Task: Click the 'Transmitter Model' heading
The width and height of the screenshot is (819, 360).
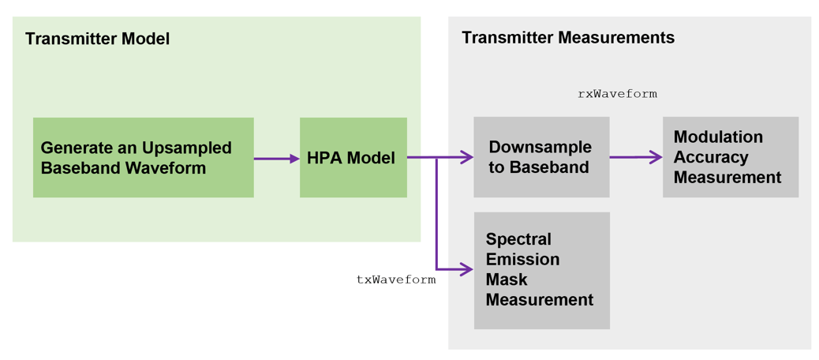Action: [x=97, y=39]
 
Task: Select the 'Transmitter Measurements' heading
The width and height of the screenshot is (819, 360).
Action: [x=567, y=38]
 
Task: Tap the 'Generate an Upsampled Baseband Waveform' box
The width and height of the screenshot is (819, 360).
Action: [x=143, y=158]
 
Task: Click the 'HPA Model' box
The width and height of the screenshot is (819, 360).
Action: [x=353, y=158]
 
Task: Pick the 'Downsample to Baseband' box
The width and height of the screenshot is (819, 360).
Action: [x=541, y=157]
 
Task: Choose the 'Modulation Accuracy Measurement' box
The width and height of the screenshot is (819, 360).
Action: [x=730, y=157]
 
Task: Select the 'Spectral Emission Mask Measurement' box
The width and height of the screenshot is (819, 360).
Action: [x=541, y=270]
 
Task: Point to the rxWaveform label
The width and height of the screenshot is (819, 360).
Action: [x=617, y=94]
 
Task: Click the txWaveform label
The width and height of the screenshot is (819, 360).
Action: [x=396, y=279]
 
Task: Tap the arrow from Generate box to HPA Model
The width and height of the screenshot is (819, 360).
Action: [x=276, y=159]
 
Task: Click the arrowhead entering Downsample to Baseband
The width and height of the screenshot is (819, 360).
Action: [x=468, y=158]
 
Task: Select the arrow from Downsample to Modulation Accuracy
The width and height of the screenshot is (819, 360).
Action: [x=635, y=158]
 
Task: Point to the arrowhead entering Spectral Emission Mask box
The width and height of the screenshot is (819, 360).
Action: [x=468, y=270]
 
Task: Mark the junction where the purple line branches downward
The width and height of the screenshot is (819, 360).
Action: [x=436, y=158]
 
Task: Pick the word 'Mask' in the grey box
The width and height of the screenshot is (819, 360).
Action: [x=507, y=279]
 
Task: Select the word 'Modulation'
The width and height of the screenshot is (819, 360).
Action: [x=718, y=137]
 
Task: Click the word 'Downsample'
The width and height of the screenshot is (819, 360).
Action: [x=540, y=148]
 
